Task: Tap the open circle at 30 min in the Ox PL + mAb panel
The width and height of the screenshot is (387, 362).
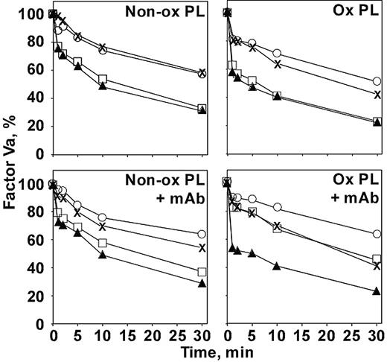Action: (377, 234)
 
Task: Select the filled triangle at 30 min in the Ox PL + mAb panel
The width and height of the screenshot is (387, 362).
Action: (377, 291)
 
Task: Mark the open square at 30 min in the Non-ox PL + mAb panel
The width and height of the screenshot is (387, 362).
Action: (202, 272)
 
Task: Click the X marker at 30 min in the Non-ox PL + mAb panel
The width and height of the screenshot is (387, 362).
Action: (202, 247)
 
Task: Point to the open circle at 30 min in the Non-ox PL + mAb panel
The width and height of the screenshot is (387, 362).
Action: (202, 234)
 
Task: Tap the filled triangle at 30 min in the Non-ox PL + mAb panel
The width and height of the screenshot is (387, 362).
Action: (202, 283)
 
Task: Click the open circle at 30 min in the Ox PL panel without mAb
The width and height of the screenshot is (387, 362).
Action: (377, 81)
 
